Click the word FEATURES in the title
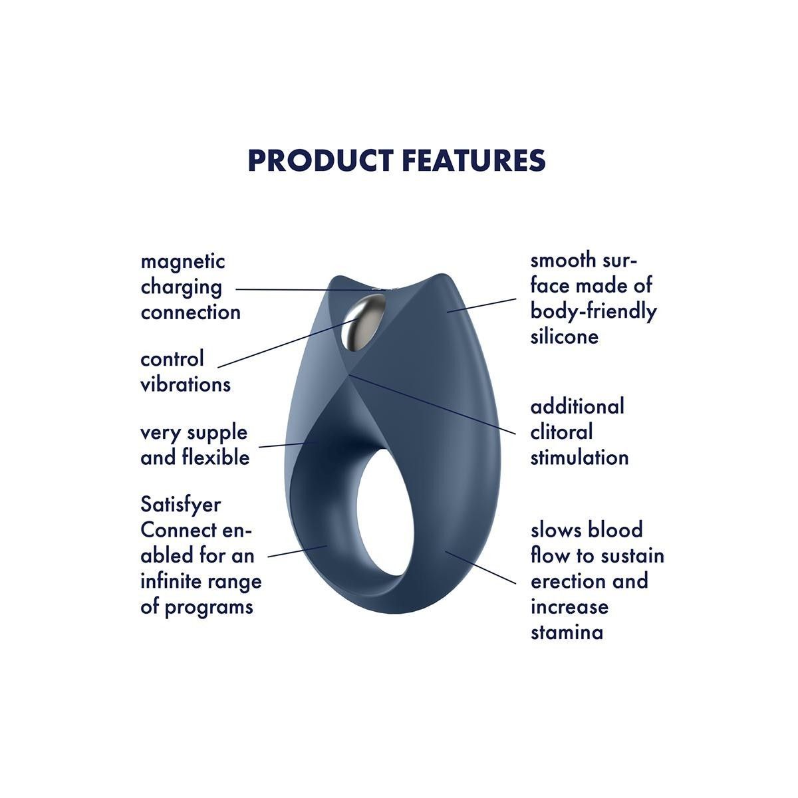(x=473, y=160)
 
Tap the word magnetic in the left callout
(x=183, y=263)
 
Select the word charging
(x=182, y=288)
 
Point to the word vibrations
(x=186, y=384)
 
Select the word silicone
(x=565, y=336)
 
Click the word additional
(x=577, y=407)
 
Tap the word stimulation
(x=579, y=458)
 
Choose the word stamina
(x=567, y=632)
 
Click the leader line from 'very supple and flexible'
(x=288, y=445)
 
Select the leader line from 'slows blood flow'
(x=480, y=567)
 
